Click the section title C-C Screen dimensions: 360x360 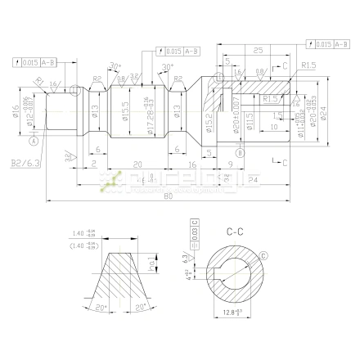pyautogui.click(x=236, y=232)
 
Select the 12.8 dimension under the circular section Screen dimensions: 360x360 pyautogui.click(x=235, y=313)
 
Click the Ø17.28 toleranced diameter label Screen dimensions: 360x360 pyautogui.click(x=150, y=112)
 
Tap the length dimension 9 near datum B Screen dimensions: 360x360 pyautogui.click(x=232, y=164)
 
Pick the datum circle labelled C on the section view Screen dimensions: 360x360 pyautogui.click(x=263, y=258)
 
